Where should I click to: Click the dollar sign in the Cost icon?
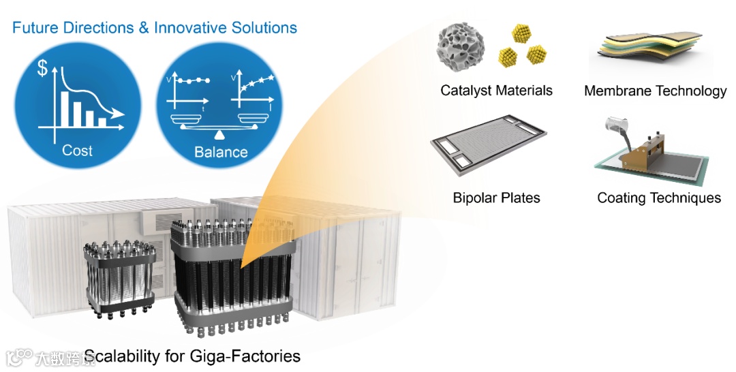click(x=42, y=69)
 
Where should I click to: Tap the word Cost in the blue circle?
click(x=77, y=150)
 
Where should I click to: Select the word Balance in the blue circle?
click(x=221, y=151)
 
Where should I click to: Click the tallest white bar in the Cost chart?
click(x=65, y=109)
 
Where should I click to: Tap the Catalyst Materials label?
click(x=496, y=90)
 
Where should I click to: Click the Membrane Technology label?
click(x=655, y=91)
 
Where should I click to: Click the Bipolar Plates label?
click(x=496, y=198)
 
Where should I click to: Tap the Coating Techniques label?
click(x=658, y=198)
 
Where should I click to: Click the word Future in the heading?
click(x=35, y=28)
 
